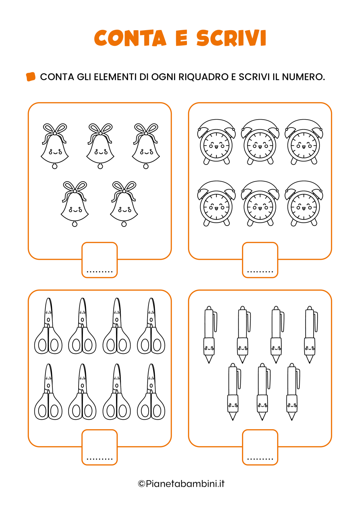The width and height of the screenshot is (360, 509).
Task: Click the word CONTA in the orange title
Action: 130,38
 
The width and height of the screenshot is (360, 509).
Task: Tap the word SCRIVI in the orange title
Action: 231,38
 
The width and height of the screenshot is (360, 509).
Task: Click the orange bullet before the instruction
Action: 31,77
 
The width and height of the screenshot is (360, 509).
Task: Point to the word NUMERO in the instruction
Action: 303,77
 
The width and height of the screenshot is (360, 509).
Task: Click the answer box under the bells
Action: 99,260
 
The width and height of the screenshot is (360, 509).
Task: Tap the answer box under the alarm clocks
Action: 260,260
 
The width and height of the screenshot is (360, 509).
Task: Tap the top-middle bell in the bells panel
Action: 100,146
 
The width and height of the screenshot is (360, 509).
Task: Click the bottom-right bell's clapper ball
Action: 124,224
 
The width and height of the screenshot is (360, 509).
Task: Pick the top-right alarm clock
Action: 304,142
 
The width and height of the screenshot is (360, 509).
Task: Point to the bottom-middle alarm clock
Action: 260,203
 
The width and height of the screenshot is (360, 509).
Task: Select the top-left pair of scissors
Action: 48,326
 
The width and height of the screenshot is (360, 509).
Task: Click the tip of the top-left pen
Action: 209,363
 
